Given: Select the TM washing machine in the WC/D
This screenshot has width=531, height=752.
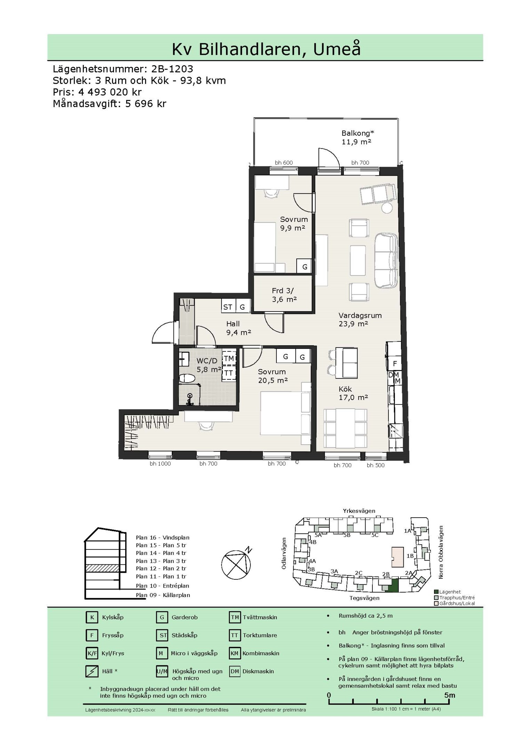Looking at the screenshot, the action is click(x=229, y=359).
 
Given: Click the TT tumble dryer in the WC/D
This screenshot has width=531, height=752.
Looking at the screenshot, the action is click(x=229, y=373).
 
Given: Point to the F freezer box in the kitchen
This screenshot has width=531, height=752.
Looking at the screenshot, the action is click(x=395, y=363).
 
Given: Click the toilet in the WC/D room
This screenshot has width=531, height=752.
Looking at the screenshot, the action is click(x=187, y=378).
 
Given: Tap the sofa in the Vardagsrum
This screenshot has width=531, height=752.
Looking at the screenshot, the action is click(x=386, y=260).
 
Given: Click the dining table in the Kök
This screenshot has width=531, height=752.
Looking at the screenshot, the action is click(x=345, y=429).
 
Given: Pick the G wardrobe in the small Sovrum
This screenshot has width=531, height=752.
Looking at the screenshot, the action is click(x=305, y=267).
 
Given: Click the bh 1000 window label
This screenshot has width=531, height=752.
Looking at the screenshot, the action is click(x=160, y=464).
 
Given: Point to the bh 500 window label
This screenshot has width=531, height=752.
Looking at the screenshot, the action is click(x=376, y=465).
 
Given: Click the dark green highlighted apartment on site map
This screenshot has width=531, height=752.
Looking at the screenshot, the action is click(x=394, y=585).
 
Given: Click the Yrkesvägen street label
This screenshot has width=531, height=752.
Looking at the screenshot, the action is click(x=359, y=511).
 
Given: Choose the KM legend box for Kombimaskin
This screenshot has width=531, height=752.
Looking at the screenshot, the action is click(x=235, y=653).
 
